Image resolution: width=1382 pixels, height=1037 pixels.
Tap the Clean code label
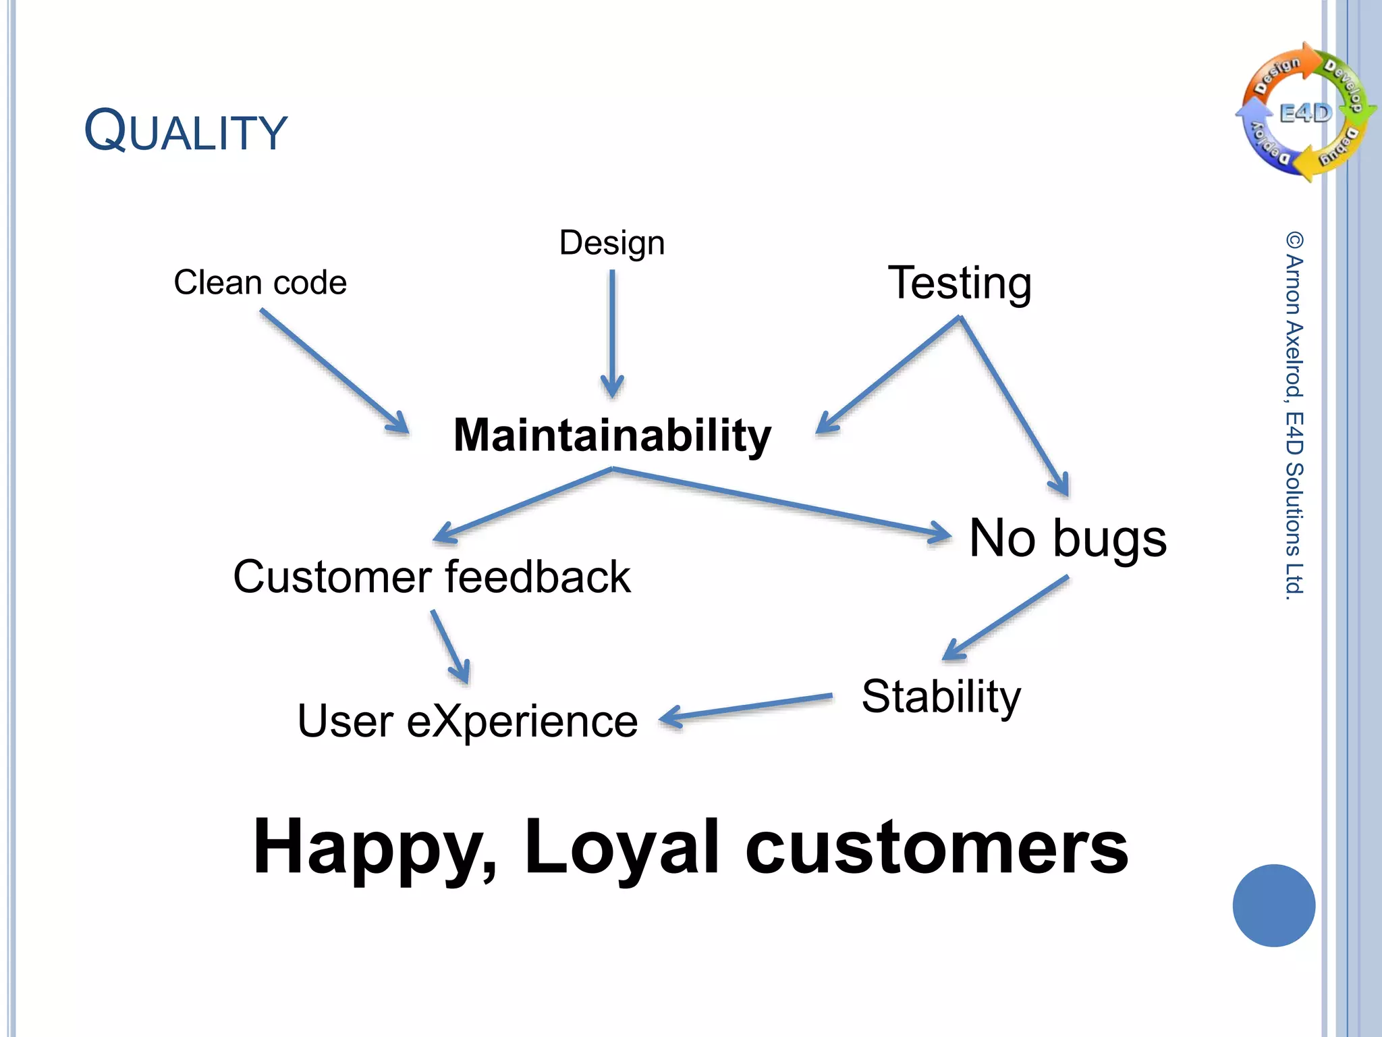260,282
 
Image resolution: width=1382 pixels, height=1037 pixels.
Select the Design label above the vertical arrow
611,242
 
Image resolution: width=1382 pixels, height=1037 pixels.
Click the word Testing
959,283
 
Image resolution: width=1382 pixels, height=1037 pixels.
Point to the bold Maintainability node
612,435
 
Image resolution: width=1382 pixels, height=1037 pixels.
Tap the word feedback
538,577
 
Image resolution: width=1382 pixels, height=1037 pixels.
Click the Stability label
941,697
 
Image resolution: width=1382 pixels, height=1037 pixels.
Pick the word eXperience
522,722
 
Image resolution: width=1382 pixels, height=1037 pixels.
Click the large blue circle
1273,905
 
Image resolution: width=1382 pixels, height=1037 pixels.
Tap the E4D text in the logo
1306,113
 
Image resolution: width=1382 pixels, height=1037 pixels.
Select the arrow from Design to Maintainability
612,334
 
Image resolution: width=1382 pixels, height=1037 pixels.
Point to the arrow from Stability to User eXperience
746,708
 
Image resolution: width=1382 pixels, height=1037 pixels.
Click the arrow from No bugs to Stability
1005,618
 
